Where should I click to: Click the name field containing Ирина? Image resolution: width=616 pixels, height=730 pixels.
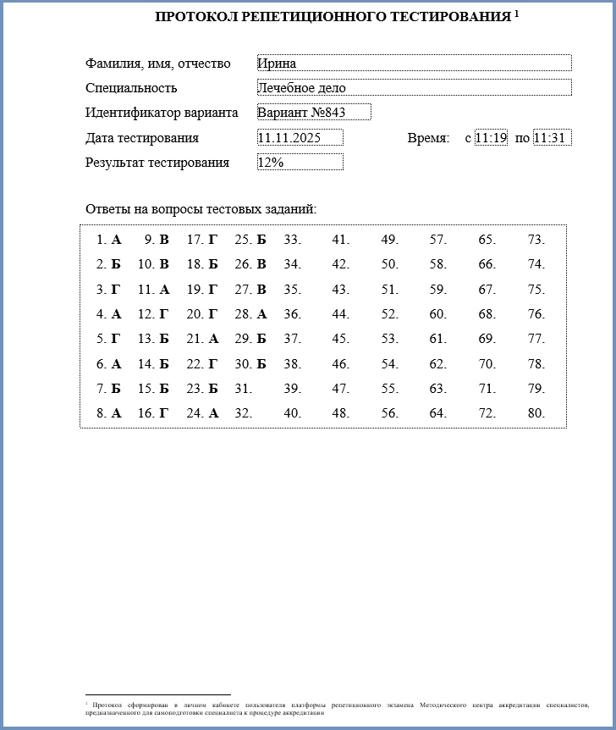click(x=414, y=64)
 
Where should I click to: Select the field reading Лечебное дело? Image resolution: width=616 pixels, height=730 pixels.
click(x=414, y=88)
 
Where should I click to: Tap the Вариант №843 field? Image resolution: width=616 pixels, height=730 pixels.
click(x=314, y=113)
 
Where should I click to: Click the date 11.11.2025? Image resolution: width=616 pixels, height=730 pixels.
click(x=300, y=138)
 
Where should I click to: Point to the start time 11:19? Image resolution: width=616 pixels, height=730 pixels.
click(x=491, y=138)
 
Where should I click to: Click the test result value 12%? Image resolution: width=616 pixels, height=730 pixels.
click(x=300, y=163)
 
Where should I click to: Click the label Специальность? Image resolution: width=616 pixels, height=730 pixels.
click(x=131, y=88)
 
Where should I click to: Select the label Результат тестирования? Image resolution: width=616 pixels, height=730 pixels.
click(x=157, y=163)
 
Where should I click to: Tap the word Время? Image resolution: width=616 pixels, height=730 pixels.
click(x=428, y=138)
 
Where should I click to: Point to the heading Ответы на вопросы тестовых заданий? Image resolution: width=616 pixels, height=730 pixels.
click(x=201, y=209)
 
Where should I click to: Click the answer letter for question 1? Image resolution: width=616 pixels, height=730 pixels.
click(x=117, y=240)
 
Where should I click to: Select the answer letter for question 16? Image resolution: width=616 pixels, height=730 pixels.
click(x=164, y=413)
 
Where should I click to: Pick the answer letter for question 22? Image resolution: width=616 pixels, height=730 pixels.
click(x=213, y=364)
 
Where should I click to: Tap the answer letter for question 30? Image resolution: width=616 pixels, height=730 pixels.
click(x=261, y=364)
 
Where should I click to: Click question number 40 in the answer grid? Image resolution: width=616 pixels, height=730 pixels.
click(x=292, y=413)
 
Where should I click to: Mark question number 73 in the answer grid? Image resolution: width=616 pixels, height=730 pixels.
click(x=536, y=240)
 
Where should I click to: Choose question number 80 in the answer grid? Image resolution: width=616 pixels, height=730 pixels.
click(x=536, y=413)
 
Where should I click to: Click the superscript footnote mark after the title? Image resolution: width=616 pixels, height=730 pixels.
click(x=516, y=13)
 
